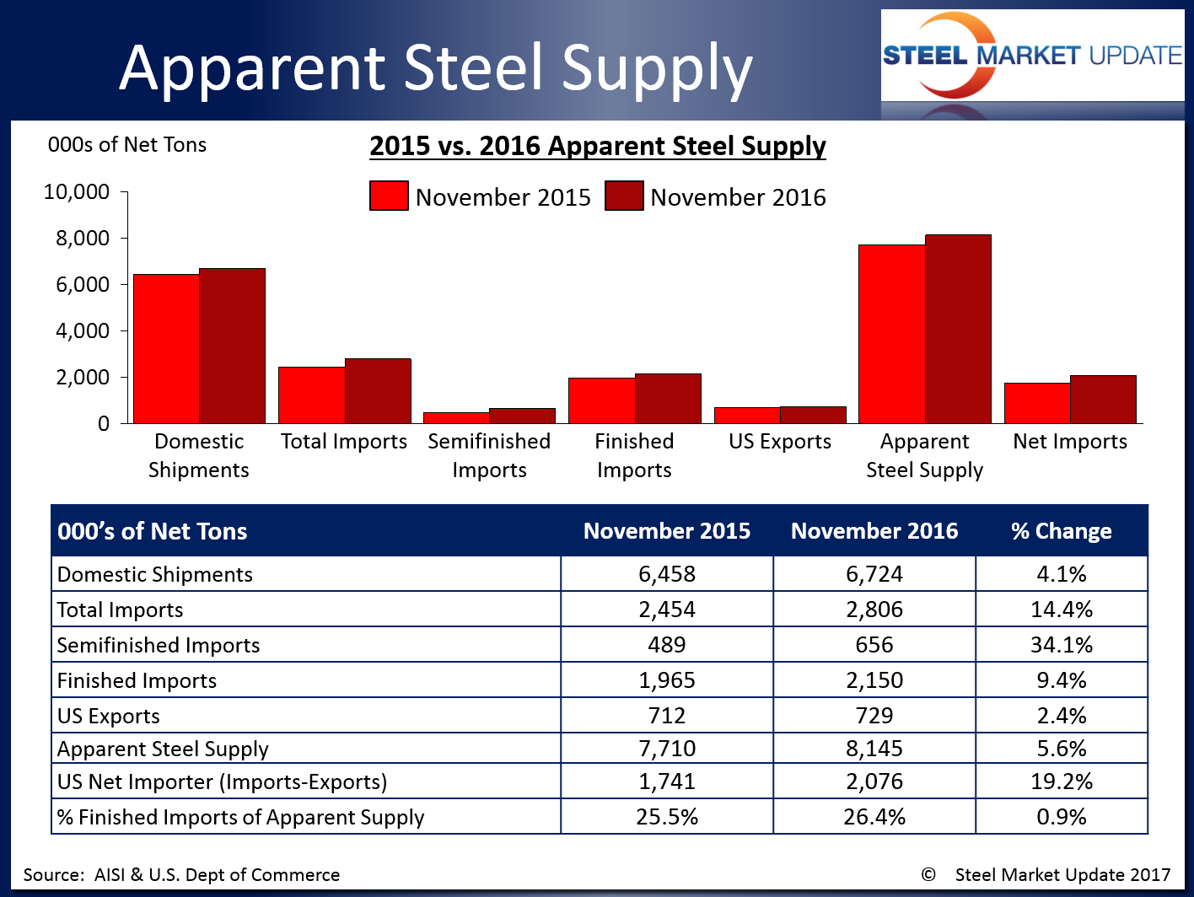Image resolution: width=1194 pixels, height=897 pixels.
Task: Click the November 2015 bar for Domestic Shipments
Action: tap(166, 348)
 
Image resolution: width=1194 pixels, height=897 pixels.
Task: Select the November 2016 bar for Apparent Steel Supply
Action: tap(958, 329)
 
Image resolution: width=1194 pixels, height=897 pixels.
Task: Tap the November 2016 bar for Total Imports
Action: tap(378, 390)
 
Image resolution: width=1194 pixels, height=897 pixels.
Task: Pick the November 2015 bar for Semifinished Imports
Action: tap(456, 417)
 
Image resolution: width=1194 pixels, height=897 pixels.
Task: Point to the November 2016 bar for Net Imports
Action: tap(1103, 399)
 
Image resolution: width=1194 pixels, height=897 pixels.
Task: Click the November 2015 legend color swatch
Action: tap(389, 196)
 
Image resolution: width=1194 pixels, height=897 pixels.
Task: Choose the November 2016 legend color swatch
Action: tap(624, 196)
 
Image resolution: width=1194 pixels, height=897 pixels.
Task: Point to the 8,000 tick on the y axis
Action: tap(83, 239)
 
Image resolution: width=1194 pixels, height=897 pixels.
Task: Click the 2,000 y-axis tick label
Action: tap(83, 377)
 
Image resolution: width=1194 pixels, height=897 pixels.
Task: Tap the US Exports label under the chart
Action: tap(780, 442)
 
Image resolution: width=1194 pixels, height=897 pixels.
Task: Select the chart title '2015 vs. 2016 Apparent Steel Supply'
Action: tap(597, 146)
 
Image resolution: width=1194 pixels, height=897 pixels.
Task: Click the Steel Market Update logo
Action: tap(1032, 56)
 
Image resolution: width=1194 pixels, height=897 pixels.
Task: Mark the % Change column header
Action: tap(1061, 531)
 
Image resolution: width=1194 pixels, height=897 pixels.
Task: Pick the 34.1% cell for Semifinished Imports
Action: tap(1061, 645)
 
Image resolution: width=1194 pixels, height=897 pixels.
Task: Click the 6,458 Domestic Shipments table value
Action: tap(666, 574)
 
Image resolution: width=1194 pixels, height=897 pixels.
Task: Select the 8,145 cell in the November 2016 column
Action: tap(874, 749)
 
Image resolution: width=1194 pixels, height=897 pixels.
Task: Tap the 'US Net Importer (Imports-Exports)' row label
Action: tap(222, 782)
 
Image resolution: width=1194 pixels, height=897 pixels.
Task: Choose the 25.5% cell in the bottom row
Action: tap(666, 817)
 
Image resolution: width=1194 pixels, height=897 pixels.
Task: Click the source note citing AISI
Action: tap(181, 875)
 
